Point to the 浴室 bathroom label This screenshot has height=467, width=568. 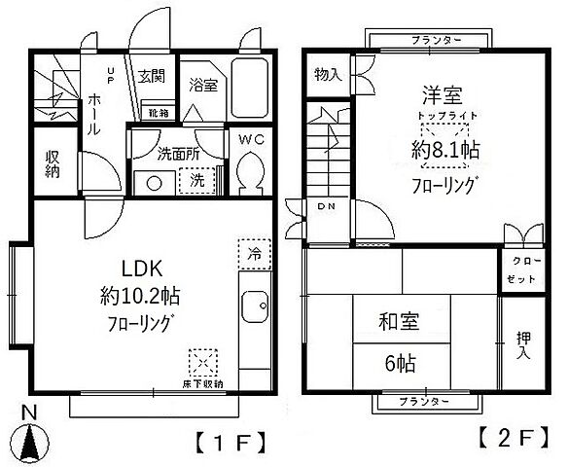pos(202,85)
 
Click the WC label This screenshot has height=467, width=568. pos(252,139)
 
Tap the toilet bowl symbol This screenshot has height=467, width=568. pos(253,175)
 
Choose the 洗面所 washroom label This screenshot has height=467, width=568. pos(178,153)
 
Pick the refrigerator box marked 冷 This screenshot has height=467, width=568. pos(253,252)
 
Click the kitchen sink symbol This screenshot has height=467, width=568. pos(256,308)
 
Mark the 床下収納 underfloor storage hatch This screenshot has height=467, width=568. pos(203,364)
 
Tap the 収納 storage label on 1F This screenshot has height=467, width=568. pos(53,162)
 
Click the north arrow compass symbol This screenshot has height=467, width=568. pos(30,439)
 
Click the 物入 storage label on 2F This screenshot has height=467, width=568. pos(326,76)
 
